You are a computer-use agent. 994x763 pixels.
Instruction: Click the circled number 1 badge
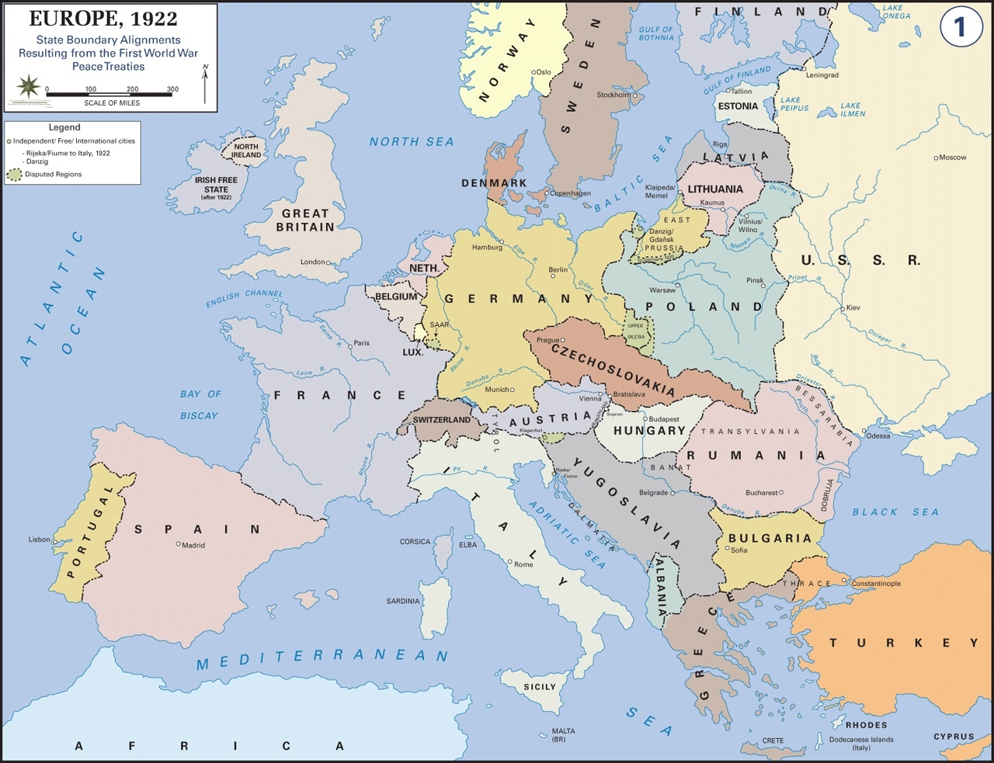(960, 27)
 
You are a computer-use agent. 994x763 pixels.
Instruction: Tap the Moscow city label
(953, 158)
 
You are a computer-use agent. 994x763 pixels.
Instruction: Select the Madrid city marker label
(193, 546)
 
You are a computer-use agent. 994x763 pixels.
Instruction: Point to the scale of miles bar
(109, 95)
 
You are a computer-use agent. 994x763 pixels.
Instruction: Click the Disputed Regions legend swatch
(14, 175)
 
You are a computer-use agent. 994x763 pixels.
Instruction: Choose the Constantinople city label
(876, 584)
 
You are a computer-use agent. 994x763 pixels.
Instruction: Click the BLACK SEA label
(895, 512)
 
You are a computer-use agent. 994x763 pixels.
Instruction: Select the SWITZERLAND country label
(441, 420)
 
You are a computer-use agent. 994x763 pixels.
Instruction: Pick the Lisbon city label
(39, 539)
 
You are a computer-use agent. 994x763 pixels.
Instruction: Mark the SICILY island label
(540, 687)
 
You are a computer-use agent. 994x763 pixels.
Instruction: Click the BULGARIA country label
(769, 538)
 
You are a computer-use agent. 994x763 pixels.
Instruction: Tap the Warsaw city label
(662, 290)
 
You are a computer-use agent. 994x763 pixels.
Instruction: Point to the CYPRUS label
(954, 737)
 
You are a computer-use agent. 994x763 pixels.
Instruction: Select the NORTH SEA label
(411, 142)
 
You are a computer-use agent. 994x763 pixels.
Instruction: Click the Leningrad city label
(822, 75)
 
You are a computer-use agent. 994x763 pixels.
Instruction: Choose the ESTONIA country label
(738, 106)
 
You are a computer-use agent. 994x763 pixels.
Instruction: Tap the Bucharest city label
(761, 493)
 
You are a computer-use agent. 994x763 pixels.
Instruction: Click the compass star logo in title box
(29, 85)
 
